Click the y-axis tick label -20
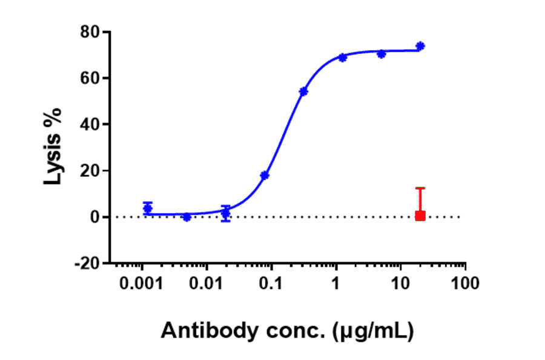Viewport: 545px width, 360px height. click(x=88, y=264)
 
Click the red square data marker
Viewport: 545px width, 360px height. click(x=420, y=215)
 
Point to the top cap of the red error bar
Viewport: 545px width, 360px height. click(x=420, y=188)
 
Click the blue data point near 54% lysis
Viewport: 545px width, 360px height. click(x=303, y=92)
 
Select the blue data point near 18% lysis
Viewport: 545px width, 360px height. click(x=265, y=175)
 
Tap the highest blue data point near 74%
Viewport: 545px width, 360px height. click(x=420, y=46)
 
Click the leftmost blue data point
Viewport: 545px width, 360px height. click(x=148, y=208)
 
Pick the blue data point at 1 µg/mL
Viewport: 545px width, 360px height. click(x=343, y=58)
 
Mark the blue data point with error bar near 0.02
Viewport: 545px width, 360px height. click(x=226, y=213)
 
